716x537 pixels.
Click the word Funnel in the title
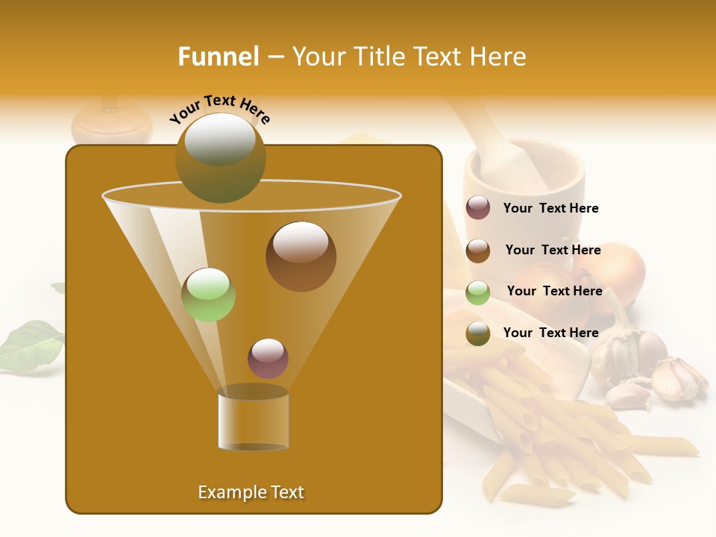tap(218, 57)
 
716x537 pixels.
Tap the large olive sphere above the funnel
tap(220, 157)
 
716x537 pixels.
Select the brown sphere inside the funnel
tap(301, 257)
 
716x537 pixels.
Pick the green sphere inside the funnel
tap(208, 295)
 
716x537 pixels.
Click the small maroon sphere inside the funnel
tap(268, 358)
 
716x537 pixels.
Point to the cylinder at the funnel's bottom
tap(253, 419)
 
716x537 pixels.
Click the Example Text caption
tap(251, 492)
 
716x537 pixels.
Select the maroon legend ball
tap(478, 208)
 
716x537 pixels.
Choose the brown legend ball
tap(478, 251)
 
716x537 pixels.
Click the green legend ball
tap(478, 292)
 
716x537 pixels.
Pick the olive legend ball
tap(478, 333)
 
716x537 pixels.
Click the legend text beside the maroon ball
tap(550, 208)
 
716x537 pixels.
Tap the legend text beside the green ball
tap(554, 291)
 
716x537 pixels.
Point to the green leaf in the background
tap(30, 345)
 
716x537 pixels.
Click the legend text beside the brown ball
tap(553, 250)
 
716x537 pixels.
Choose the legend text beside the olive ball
tap(550, 333)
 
